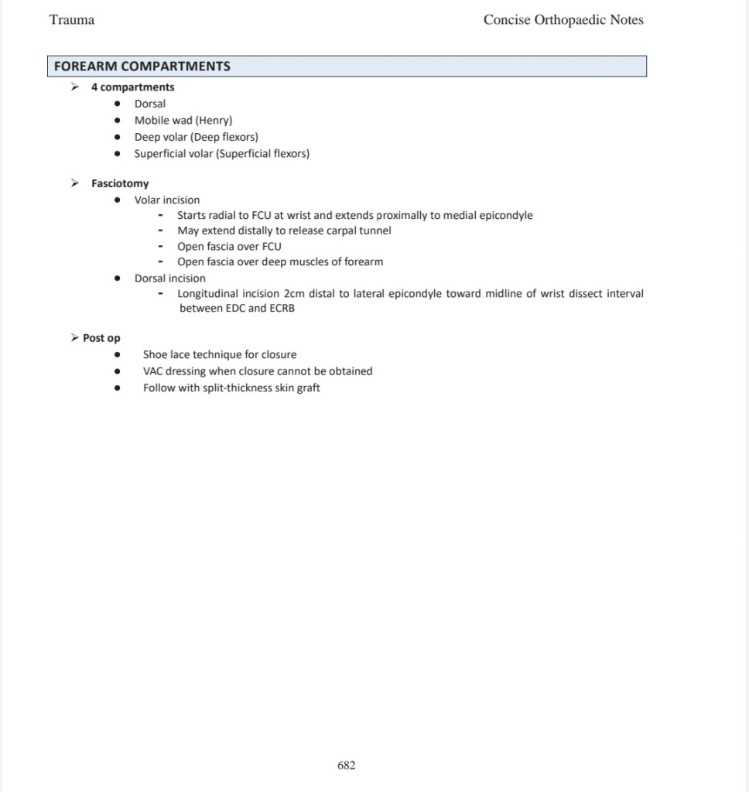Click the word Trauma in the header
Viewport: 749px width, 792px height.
coord(72,20)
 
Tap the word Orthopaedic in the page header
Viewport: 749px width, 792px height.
coord(572,20)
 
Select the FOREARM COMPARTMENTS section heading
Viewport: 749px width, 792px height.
coord(142,67)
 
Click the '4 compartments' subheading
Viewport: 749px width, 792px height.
coord(132,87)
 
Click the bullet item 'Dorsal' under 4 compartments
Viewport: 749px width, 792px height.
coord(149,104)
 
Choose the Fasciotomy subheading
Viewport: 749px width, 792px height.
coord(120,184)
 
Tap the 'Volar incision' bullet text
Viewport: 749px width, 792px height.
coord(166,200)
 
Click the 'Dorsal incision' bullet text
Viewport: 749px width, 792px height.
coord(169,278)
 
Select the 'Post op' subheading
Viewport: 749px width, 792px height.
coord(101,338)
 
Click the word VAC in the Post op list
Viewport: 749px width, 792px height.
coord(152,371)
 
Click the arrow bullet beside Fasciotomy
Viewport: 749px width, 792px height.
coord(74,183)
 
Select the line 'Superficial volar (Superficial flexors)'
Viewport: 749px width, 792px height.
coord(221,154)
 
